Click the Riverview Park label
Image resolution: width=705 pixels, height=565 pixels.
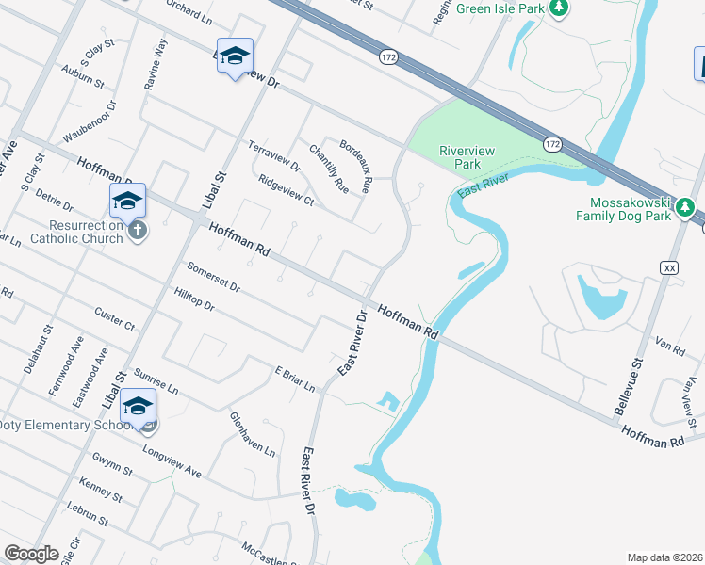tap(460, 156)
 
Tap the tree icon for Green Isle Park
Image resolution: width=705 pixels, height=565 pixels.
tap(559, 8)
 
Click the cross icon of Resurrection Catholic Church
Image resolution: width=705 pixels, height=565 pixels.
tap(138, 231)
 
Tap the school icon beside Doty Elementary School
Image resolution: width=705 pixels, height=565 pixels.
tap(139, 408)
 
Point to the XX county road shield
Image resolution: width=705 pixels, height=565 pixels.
tap(670, 267)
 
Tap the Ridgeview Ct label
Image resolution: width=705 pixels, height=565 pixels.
tap(285, 189)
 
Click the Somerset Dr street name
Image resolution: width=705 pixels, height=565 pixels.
tap(213, 276)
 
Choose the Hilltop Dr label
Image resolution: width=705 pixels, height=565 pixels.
tap(194, 299)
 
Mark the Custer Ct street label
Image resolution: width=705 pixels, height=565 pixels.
tap(114, 316)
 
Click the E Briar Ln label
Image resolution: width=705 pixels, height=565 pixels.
tap(293, 377)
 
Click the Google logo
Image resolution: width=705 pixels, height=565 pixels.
tap(31, 554)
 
